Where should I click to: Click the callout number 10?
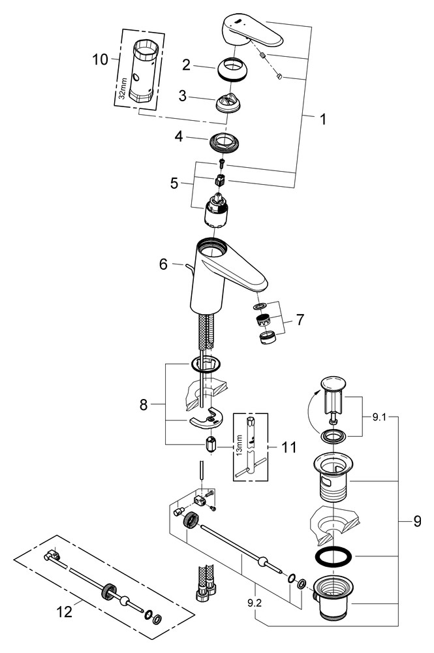pos(101,60)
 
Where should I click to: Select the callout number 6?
pos(163,264)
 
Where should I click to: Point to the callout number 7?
pos(300,320)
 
